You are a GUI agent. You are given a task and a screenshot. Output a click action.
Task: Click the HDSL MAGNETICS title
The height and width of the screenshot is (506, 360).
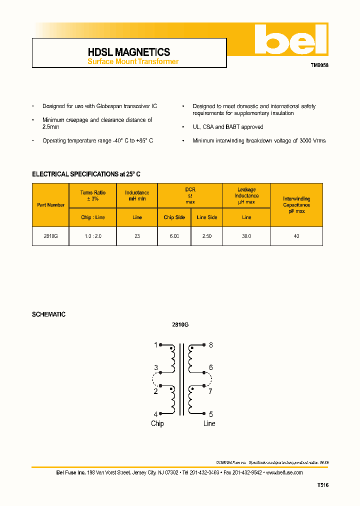tap(129, 52)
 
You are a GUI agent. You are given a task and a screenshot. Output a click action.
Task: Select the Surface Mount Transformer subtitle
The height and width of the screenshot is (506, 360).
tap(133, 62)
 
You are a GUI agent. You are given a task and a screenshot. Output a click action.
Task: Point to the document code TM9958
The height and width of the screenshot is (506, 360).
tap(320, 65)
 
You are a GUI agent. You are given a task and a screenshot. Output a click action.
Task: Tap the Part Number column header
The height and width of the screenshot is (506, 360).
tap(50, 205)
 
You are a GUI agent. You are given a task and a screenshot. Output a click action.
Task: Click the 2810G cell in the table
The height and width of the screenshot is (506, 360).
tap(51, 236)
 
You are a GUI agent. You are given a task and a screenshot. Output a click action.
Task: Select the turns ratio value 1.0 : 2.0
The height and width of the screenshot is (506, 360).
tap(92, 236)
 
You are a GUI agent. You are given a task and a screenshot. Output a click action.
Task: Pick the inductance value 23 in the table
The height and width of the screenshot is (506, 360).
tap(137, 236)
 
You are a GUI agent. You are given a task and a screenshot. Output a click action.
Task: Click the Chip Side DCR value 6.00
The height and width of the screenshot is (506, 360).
tap(174, 236)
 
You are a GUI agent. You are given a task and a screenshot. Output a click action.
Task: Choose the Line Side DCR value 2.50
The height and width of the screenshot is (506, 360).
tap(206, 236)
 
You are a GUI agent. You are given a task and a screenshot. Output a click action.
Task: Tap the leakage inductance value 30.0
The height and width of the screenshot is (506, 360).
tap(246, 236)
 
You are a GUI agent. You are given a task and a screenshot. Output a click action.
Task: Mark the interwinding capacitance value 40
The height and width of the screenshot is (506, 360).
tap(296, 236)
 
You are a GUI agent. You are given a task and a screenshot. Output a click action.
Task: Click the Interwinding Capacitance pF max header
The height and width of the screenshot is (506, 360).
tap(296, 205)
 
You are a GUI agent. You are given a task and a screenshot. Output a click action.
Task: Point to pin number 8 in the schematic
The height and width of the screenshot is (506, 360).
tap(211, 345)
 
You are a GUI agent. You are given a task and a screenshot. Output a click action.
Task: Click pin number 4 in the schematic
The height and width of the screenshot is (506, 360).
tap(155, 414)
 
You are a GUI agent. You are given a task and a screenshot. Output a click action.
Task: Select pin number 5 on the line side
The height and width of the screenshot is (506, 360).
tap(211, 414)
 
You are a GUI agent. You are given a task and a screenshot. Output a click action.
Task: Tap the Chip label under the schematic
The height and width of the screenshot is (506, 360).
tap(157, 424)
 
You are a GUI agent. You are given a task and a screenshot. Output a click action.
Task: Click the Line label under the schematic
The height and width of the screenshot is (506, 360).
tap(209, 424)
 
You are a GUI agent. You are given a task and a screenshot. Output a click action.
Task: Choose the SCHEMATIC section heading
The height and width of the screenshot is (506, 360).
tap(48, 314)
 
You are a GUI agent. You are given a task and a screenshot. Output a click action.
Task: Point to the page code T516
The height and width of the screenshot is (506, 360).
tap(322, 485)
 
